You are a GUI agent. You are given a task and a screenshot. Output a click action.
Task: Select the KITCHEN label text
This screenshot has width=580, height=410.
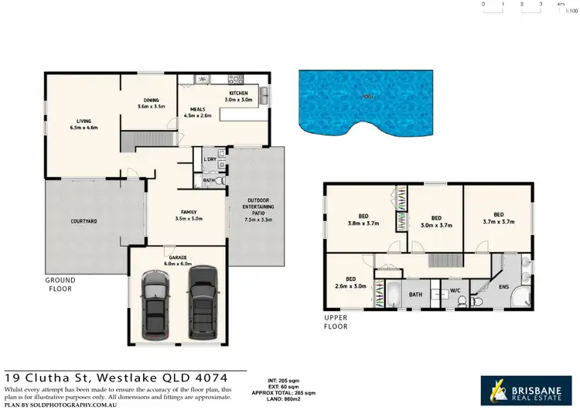237,96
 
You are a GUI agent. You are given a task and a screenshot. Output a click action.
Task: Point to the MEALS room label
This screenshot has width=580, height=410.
197,112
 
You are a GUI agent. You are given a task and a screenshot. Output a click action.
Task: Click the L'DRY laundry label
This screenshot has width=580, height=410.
209,160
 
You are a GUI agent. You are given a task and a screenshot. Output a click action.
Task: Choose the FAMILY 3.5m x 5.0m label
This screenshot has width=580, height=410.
188,215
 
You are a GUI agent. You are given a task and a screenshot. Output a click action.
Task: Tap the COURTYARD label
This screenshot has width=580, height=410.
84,221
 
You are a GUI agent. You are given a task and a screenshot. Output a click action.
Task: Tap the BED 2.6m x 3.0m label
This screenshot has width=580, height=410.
351,282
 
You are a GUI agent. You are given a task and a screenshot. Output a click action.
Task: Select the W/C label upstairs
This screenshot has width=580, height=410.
455,292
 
